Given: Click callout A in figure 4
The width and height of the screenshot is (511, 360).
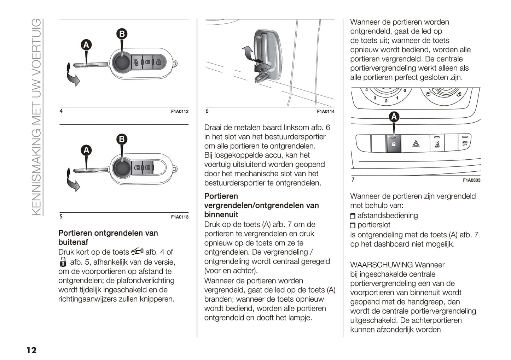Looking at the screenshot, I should click(x=86, y=45).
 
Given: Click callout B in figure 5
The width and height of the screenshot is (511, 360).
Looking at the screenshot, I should click(x=122, y=139).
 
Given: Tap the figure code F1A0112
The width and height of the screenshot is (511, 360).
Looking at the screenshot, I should click(x=180, y=112).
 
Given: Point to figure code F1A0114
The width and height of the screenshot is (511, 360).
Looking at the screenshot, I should click(x=325, y=112).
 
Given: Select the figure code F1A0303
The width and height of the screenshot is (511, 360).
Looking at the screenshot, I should click(x=471, y=180).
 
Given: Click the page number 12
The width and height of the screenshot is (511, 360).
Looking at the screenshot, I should click(x=31, y=350).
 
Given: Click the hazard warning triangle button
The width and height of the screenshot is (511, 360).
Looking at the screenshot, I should click(x=416, y=143).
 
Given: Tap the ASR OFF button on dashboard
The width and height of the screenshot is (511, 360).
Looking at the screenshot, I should click(x=465, y=143).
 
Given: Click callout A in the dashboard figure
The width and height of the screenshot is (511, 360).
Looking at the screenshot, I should click(x=394, y=117).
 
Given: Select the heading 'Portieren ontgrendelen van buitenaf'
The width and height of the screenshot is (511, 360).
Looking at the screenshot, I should click(x=108, y=237).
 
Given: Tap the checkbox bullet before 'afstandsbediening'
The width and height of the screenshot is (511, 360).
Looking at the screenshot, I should click(x=353, y=216).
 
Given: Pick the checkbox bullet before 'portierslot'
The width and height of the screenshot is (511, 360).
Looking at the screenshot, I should click(x=353, y=225).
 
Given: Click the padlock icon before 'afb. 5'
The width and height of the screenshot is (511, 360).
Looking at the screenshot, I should click(x=63, y=262).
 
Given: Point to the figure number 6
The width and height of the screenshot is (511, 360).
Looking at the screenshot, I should click(x=207, y=111).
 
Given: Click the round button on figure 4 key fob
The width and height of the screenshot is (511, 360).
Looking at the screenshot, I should click(x=122, y=63).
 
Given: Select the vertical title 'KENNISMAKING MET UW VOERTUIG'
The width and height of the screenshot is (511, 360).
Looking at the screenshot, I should click(x=36, y=117).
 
